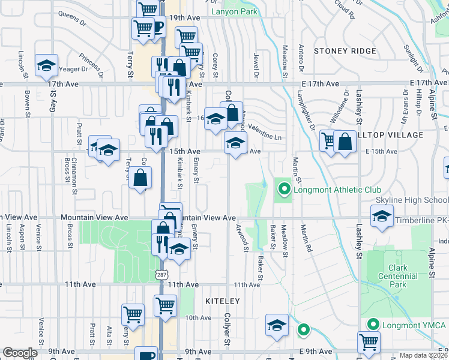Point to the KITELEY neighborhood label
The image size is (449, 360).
(x=223, y=301)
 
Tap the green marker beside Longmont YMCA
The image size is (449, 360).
(x=372, y=325)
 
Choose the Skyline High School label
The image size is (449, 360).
(x=412, y=199)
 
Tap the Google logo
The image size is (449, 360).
(x=19, y=353)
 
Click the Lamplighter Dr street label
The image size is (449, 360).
(x=307, y=109)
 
